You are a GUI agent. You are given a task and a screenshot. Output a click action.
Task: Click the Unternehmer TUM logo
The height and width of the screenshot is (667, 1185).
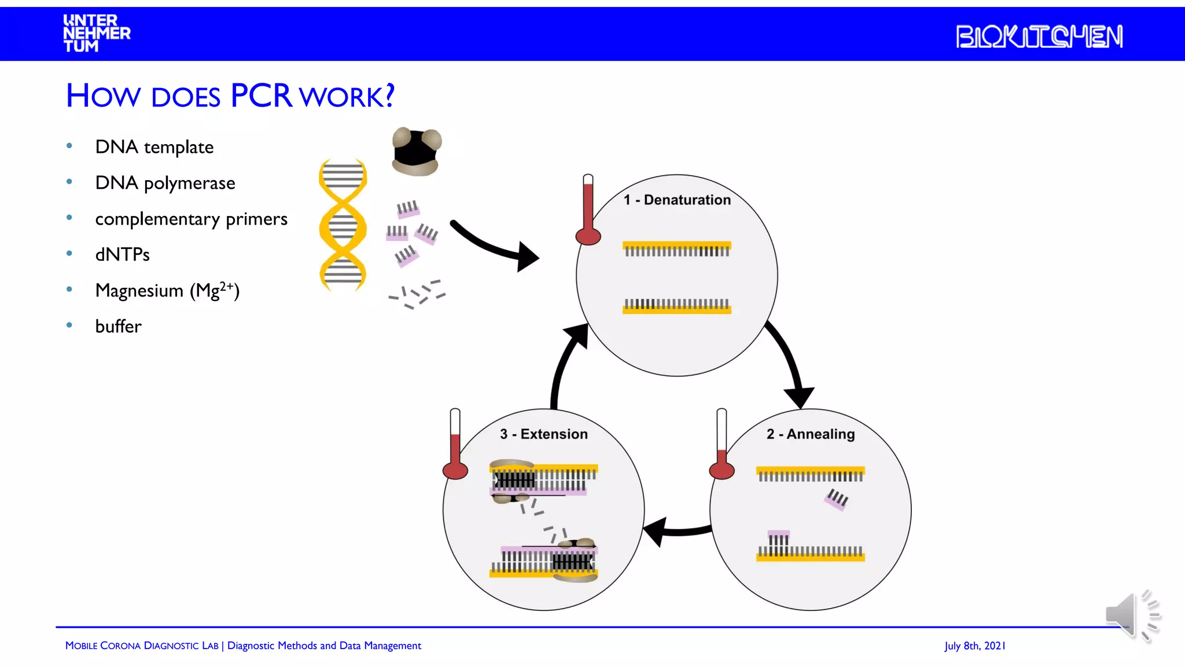pyautogui.click(x=97, y=34)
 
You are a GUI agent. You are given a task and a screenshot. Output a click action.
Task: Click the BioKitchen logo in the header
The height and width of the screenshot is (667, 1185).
pyautogui.click(x=1039, y=36)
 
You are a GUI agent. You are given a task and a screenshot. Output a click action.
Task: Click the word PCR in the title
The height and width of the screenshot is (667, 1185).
pyautogui.click(x=261, y=96)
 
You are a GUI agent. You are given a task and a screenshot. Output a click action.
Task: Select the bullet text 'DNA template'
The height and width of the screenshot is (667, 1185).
pyautogui.click(x=154, y=147)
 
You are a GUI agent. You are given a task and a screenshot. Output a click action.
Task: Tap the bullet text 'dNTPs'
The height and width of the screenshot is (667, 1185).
pyautogui.click(x=122, y=255)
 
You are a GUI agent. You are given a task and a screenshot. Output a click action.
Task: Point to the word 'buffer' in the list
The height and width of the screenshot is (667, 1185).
pyautogui.click(x=118, y=327)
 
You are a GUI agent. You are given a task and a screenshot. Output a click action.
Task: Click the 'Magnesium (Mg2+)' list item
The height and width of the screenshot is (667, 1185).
pyautogui.click(x=167, y=290)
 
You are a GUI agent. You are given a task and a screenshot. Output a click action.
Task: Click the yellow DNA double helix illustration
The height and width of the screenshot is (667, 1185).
pyautogui.click(x=343, y=225)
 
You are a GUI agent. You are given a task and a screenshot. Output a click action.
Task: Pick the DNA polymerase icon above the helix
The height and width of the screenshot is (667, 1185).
pyautogui.click(x=417, y=152)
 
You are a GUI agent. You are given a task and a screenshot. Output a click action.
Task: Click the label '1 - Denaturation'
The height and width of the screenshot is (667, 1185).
pyautogui.click(x=677, y=200)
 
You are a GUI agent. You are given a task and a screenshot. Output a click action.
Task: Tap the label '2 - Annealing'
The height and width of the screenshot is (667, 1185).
pyautogui.click(x=810, y=434)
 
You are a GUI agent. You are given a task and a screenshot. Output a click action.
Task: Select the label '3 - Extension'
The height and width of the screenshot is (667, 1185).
pyautogui.click(x=543, y=434)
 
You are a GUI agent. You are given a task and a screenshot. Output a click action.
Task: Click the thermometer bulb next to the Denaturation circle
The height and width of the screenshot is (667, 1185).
pyautogui.click(x=588, y=236)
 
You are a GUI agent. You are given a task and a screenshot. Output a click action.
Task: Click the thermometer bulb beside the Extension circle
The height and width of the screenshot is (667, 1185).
pyautogui.click(x=455, y=470)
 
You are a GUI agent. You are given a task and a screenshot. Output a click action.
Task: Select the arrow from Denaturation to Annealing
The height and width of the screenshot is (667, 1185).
pyautogui.click(x=789, y=362)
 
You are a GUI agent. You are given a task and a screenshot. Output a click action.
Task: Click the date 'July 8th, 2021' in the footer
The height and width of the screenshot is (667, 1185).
pyautogui.click(x=974, y=646)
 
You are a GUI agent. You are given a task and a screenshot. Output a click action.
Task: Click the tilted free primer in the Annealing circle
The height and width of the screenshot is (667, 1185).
pyautogui.click(x=837, y=499)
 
